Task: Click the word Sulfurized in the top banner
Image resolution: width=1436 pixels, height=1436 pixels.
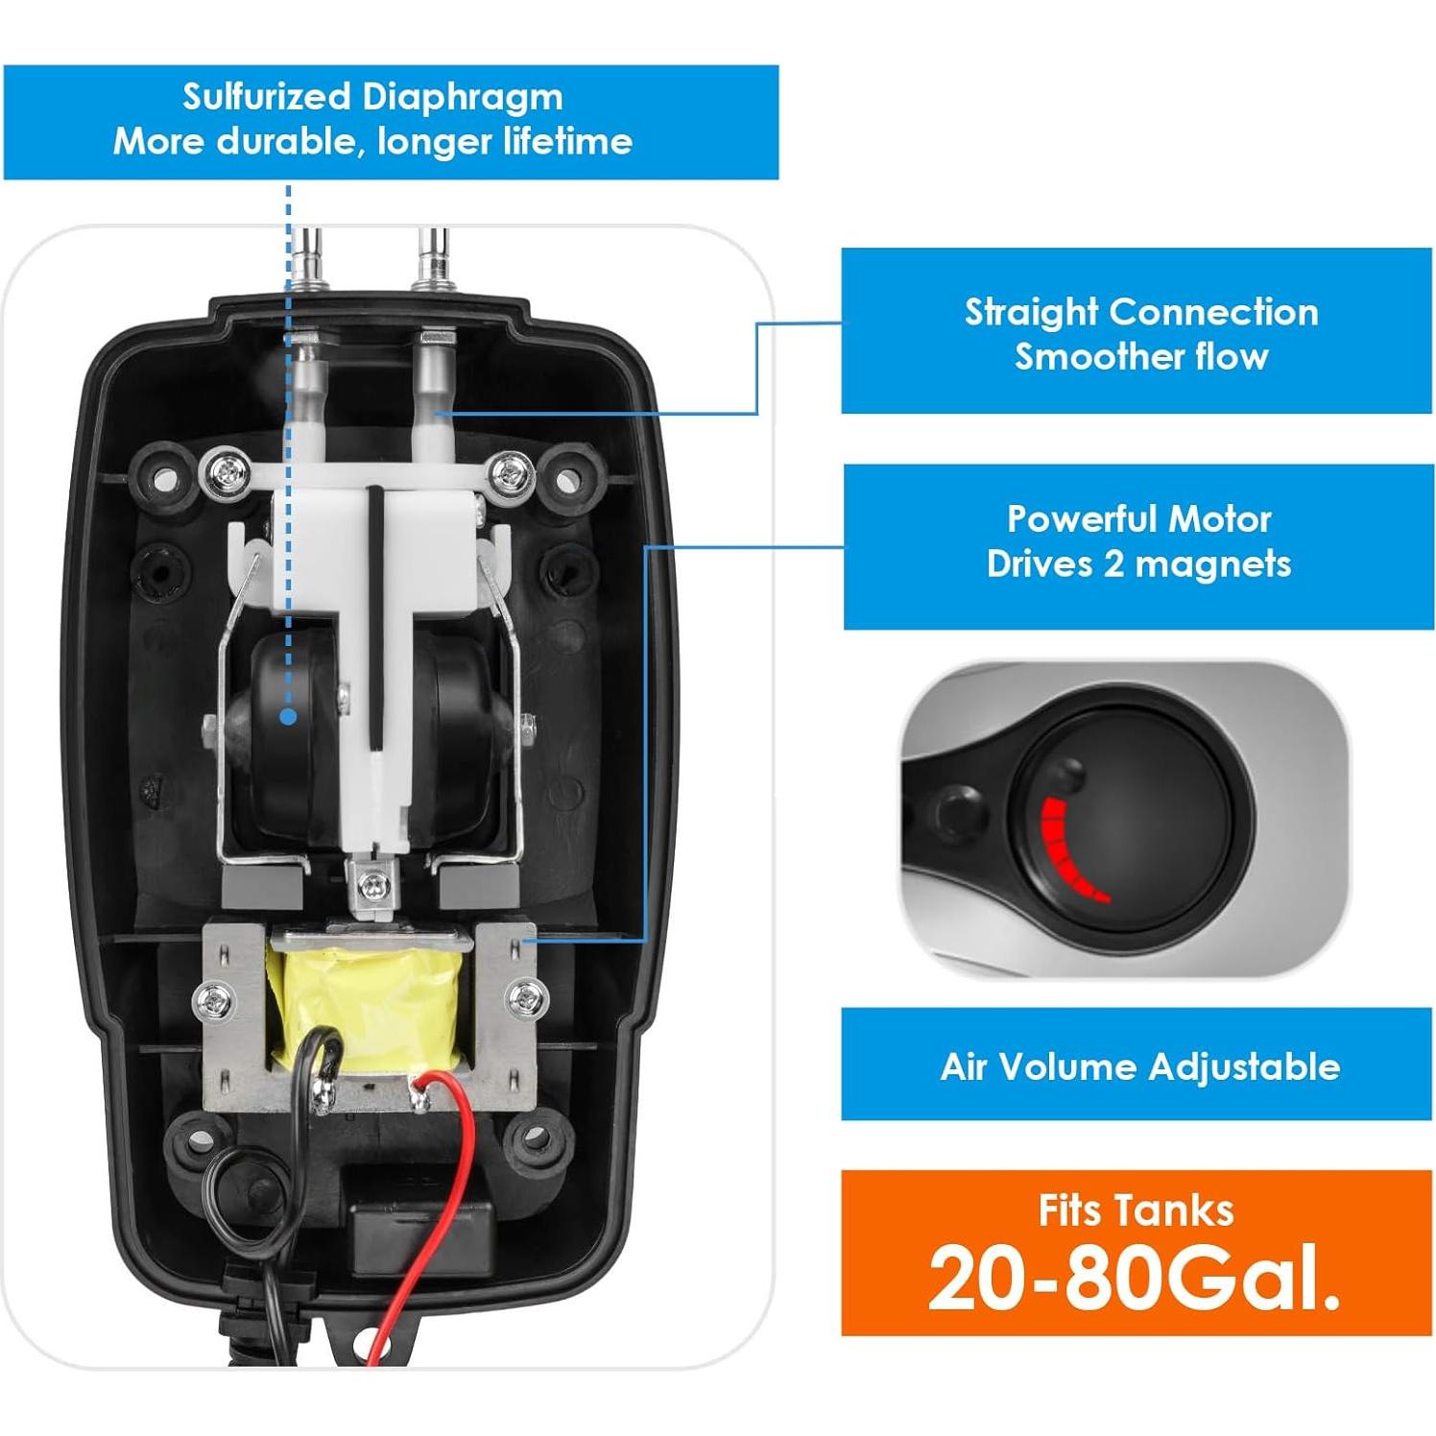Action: (266, 97)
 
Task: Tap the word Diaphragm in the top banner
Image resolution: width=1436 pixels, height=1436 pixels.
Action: (462, 97)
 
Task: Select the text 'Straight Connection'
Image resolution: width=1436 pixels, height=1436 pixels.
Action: (1140, 312)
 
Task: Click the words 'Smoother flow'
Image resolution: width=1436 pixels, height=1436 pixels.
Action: (1140, 357)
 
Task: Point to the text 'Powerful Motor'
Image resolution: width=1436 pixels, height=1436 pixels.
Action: (1138, 519)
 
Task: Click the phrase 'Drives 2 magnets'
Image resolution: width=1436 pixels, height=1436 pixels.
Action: (1138, 563)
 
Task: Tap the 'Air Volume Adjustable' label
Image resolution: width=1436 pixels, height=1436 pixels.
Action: (1139, 1066)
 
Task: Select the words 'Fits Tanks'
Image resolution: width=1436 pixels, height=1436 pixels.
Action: (1136, 1210)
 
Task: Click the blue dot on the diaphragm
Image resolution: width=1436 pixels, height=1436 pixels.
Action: (288, 716)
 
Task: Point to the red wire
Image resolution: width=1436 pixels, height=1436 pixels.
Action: (437, 1209)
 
